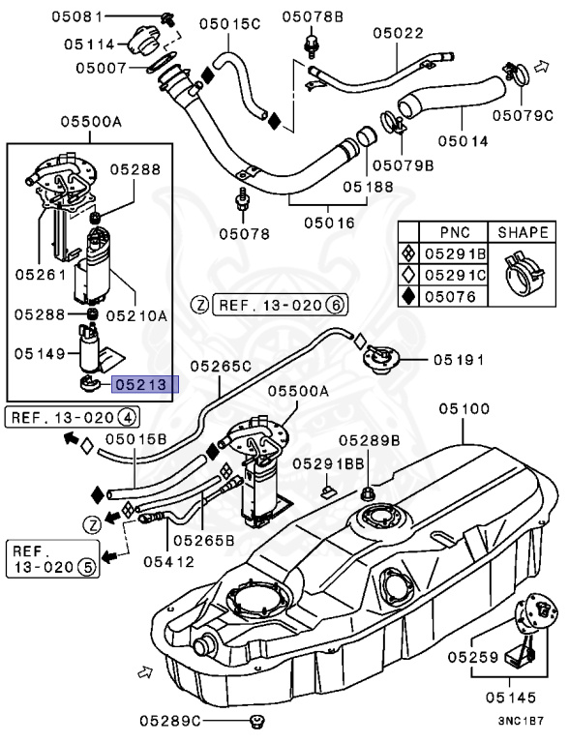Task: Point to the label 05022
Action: (398, 33)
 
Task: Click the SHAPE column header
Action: (523, 233)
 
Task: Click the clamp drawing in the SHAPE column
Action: (523, 276)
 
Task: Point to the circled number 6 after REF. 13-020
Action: (335, 305)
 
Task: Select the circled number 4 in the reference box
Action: (127, 418)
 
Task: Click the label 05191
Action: (458, 360)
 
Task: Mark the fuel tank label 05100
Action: (464, 409)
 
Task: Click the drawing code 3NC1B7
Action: (522, 721)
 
